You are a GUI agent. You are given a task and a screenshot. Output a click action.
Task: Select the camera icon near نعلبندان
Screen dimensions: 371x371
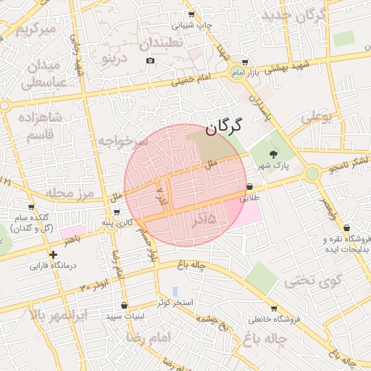click(x=150, y=60)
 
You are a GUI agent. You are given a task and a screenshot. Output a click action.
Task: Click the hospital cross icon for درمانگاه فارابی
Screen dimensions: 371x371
click(x=53, y=254)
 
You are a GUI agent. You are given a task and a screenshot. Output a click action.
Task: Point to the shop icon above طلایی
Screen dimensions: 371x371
click(x=250, y=186)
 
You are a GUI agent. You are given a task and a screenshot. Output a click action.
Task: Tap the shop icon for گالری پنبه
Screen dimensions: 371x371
click(x=117, y=212)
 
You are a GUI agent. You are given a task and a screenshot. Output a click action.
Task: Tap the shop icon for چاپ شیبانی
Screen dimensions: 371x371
click(x=191, y=14)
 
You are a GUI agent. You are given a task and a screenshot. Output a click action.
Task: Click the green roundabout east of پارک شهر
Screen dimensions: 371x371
click(x=312, y=173)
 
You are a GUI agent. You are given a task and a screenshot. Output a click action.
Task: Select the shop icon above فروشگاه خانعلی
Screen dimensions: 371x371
click(x=275, y=307)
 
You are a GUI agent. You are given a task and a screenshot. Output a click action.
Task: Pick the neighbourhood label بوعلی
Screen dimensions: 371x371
click(x=317, y=117)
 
